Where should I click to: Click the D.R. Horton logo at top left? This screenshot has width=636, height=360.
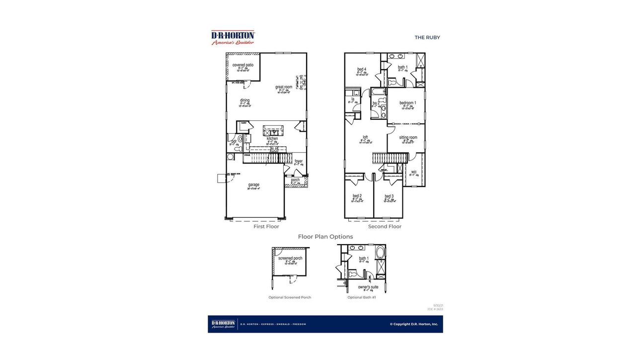coord(233,37)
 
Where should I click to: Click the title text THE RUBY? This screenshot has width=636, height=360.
coord(427,37)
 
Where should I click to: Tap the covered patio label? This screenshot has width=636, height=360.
coord(243,65)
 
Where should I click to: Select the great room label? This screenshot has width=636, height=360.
coord(284,87)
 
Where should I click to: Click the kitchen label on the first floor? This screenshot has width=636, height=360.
coord(272,139)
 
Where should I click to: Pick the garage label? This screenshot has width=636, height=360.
coord(254,185)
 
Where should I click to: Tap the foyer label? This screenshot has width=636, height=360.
coord(298,161)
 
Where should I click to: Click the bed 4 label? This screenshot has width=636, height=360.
coord(362,69)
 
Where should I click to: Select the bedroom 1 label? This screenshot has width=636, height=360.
coord(408,103)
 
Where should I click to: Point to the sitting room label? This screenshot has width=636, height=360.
coord(408,137)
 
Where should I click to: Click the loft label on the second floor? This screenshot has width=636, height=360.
coord(365,137)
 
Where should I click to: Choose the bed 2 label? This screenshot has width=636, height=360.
coord(357,196)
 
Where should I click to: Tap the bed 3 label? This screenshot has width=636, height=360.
coord(389,196)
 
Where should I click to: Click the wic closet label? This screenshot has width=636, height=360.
coord(413,172)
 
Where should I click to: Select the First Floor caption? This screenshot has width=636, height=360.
coord(266,227)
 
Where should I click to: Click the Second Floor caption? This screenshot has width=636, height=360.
coord(385,227)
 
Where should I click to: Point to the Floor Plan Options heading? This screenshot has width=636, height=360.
coord(325,237)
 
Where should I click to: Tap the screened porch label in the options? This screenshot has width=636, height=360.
coord(290,259)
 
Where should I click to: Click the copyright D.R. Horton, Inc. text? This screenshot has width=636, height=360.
coord(414,324)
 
